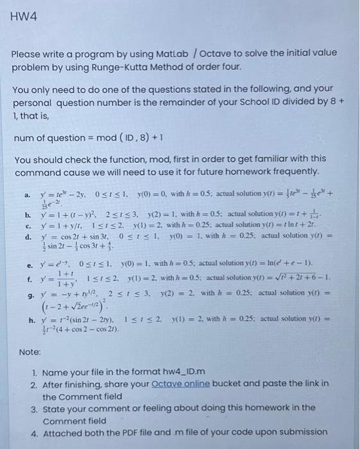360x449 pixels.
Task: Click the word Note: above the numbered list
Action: pos(30,352)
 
